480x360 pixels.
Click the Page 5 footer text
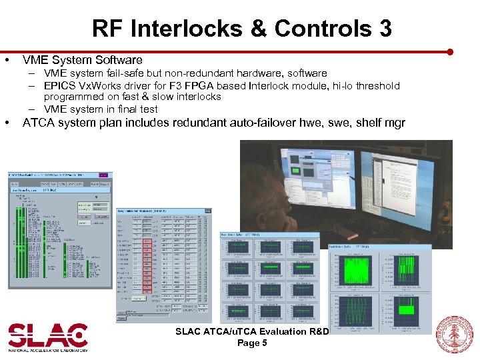click(x=252, y=343)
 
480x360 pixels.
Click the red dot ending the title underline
click(x=450, y=51)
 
